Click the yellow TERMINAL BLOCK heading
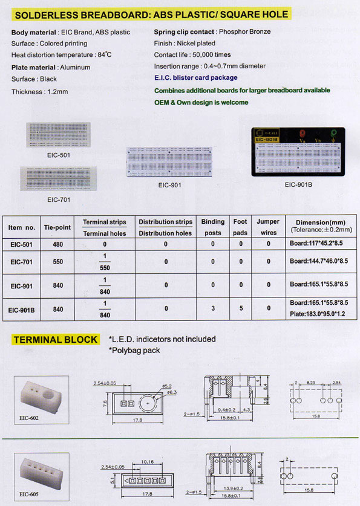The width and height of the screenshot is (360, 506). pyautogui.click(x=55, y=340)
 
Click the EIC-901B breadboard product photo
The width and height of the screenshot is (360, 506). pyautogui.click(x=298, y=151)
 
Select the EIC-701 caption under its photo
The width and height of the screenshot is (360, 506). pyautogui.click(x=59, y=199)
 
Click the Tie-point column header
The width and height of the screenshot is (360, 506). pyautogui.click(x=57, y=227)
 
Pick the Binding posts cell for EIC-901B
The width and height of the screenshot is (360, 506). pyautogui.click(x=212, y=308)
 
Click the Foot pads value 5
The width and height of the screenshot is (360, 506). pyautogui.click(x=241, y=308)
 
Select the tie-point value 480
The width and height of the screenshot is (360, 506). pyautogui.click(x=57, y=244)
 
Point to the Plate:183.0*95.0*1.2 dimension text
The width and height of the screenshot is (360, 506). pyautogui.click(x=318, y=314)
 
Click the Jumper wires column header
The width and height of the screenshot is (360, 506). pyautogui.click(x=268, y=227)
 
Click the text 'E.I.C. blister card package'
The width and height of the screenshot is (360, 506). pyautogui.click(x=195, y=78)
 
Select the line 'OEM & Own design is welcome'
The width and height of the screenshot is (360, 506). pyautogui.click(x=201, y=103)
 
